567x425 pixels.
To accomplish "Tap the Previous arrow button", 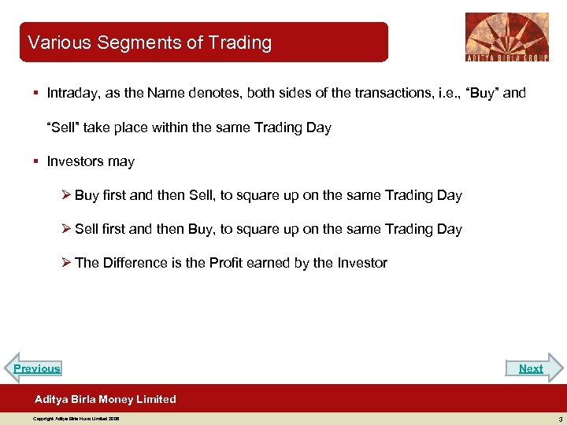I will pos(36,368).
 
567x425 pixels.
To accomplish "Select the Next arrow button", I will pos(532,368).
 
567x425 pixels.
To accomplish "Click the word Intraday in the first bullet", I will pos(72,94).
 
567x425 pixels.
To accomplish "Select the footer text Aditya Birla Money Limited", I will pos(106,399).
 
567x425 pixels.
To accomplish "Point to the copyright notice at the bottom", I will pos(76,419).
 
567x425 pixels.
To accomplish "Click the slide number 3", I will pos(558,419).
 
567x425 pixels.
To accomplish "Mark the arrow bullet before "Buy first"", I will pos(67,195).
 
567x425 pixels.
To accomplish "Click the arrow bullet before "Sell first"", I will pos(67,229).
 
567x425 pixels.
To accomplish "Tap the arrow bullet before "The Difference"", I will pos(67,263).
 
